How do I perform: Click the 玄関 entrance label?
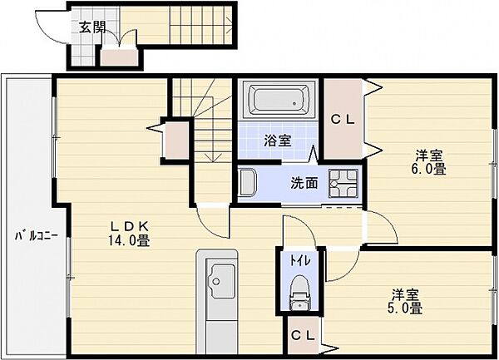tap(92, 27)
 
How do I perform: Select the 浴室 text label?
tap(278, 141)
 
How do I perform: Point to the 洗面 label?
tap(304, 183)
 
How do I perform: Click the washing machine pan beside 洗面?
tap(343, 184)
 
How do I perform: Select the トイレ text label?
tap(299, 261)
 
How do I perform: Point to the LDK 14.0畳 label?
tap(129, 234)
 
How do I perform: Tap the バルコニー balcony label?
tap(37, 236)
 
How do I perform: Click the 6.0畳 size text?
tap(428, 169)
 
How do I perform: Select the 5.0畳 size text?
tap(405, 308)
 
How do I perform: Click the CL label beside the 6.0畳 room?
tap(343, 120)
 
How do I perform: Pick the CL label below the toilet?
tap(304, 336)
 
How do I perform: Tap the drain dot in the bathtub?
tap(294, 103)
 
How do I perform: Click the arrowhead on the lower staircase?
tap(213, 157)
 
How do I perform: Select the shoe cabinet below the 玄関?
tap(120, 57)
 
